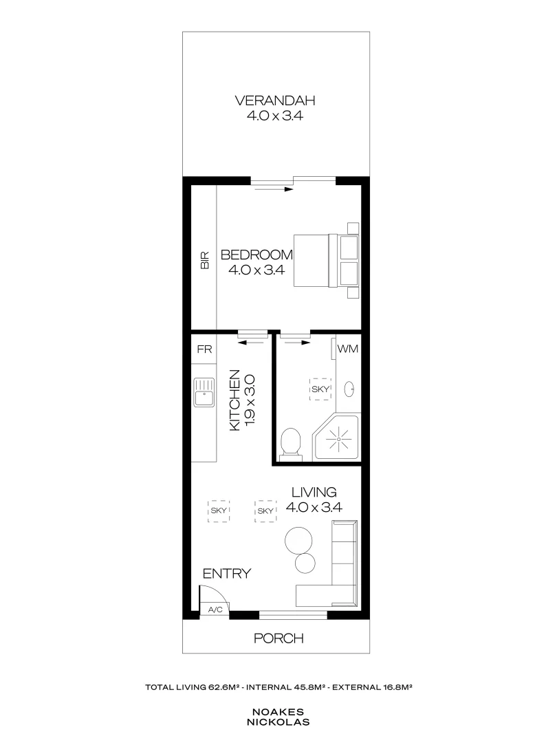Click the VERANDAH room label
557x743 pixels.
[x=274, y=101]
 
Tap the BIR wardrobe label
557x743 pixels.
[x=204, y=260]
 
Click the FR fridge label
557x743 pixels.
[x=204, y=349]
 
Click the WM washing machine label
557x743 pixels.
[x=348, y=349]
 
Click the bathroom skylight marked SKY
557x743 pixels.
[x=320, y=389]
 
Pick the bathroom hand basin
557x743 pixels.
[x=348, y=389]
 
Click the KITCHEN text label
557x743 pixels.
[x=234, y=400]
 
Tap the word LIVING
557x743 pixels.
[x=314, y=493]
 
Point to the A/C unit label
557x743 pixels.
[x=215, y=610]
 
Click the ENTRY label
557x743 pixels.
[x=226, y=574]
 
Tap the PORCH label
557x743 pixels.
[x=278, y=638]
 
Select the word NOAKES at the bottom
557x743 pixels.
[x=278, y=712]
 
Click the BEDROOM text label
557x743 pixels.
[x=256, y=255]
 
